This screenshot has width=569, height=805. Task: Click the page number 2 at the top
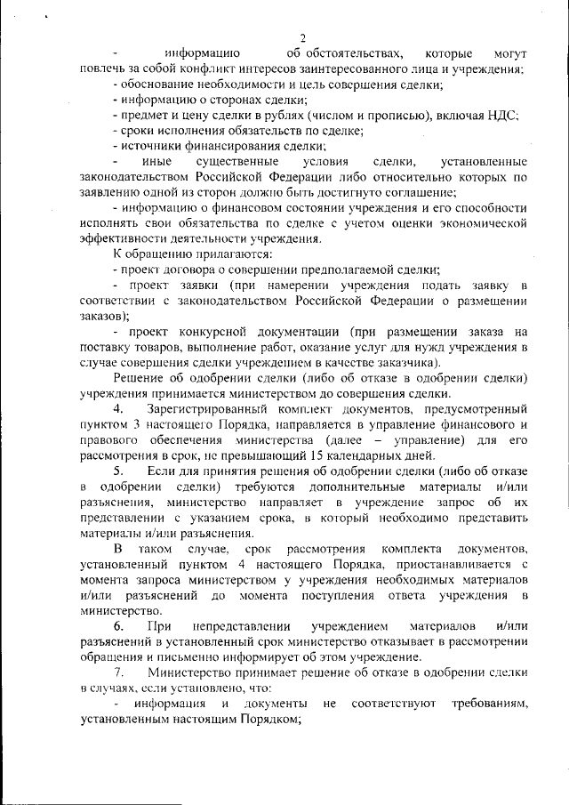(302, 37)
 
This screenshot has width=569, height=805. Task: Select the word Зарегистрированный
(207, 407)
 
